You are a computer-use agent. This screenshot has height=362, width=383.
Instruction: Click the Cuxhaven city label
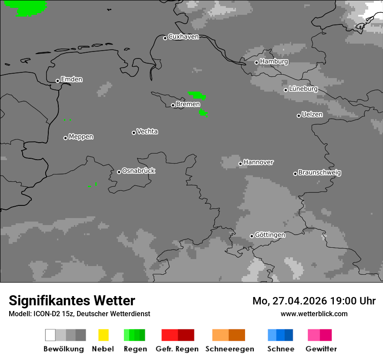tap(183, 37)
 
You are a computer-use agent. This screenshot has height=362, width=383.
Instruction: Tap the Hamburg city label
tap(274, 61)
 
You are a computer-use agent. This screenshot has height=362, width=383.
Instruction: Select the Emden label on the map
tap(71, 79)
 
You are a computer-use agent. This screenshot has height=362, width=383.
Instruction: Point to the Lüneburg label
tap(303, 89)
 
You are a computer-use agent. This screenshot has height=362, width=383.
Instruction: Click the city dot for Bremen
tap(173, 105)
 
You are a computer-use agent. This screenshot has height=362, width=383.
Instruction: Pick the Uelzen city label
tap(312, 115)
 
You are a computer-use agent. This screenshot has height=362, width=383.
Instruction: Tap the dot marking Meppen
tap(65, 138)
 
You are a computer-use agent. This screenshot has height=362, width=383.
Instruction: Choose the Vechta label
tap(147, 132)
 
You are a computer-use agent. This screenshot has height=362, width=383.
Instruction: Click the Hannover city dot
tap(240, 164)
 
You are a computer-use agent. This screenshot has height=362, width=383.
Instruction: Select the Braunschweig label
tap(319, 173)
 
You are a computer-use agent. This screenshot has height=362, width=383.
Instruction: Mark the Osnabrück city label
tap(138, 171)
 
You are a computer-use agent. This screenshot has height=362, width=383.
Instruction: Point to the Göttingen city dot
tap(252, 236)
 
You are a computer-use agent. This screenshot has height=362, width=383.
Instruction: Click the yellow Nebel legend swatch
tap(104, 335)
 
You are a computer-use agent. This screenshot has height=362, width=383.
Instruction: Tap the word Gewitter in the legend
tap(321, 349)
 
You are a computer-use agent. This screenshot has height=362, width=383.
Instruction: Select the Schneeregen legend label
tap(230, 349)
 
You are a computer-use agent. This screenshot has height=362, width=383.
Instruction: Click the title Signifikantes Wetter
tap(72, 301)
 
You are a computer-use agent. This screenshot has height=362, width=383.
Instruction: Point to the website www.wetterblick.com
tap(314, 314)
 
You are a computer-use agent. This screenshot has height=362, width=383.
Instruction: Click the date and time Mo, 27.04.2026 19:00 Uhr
tap(314, 301)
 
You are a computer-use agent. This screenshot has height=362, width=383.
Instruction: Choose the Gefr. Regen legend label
tap(177, 349)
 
